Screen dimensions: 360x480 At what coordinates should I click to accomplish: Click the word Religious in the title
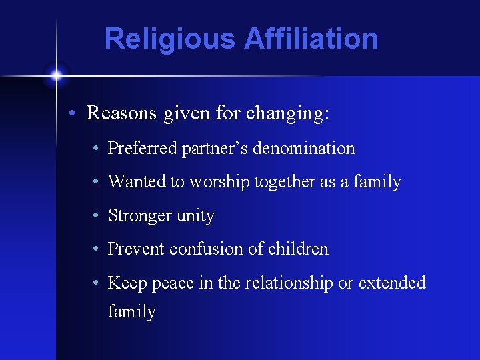170,39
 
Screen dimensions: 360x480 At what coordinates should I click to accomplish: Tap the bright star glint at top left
56,75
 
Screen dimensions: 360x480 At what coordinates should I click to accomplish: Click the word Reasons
124,113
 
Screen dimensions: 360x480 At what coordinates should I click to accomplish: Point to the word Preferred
143,148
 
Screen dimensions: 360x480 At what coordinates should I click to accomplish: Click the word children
298,249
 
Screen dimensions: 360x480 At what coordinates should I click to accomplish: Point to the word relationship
288,283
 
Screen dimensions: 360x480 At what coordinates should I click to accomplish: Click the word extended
392,283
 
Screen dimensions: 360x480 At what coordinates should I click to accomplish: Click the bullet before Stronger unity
97,215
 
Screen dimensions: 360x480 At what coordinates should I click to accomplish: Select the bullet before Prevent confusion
97,249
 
